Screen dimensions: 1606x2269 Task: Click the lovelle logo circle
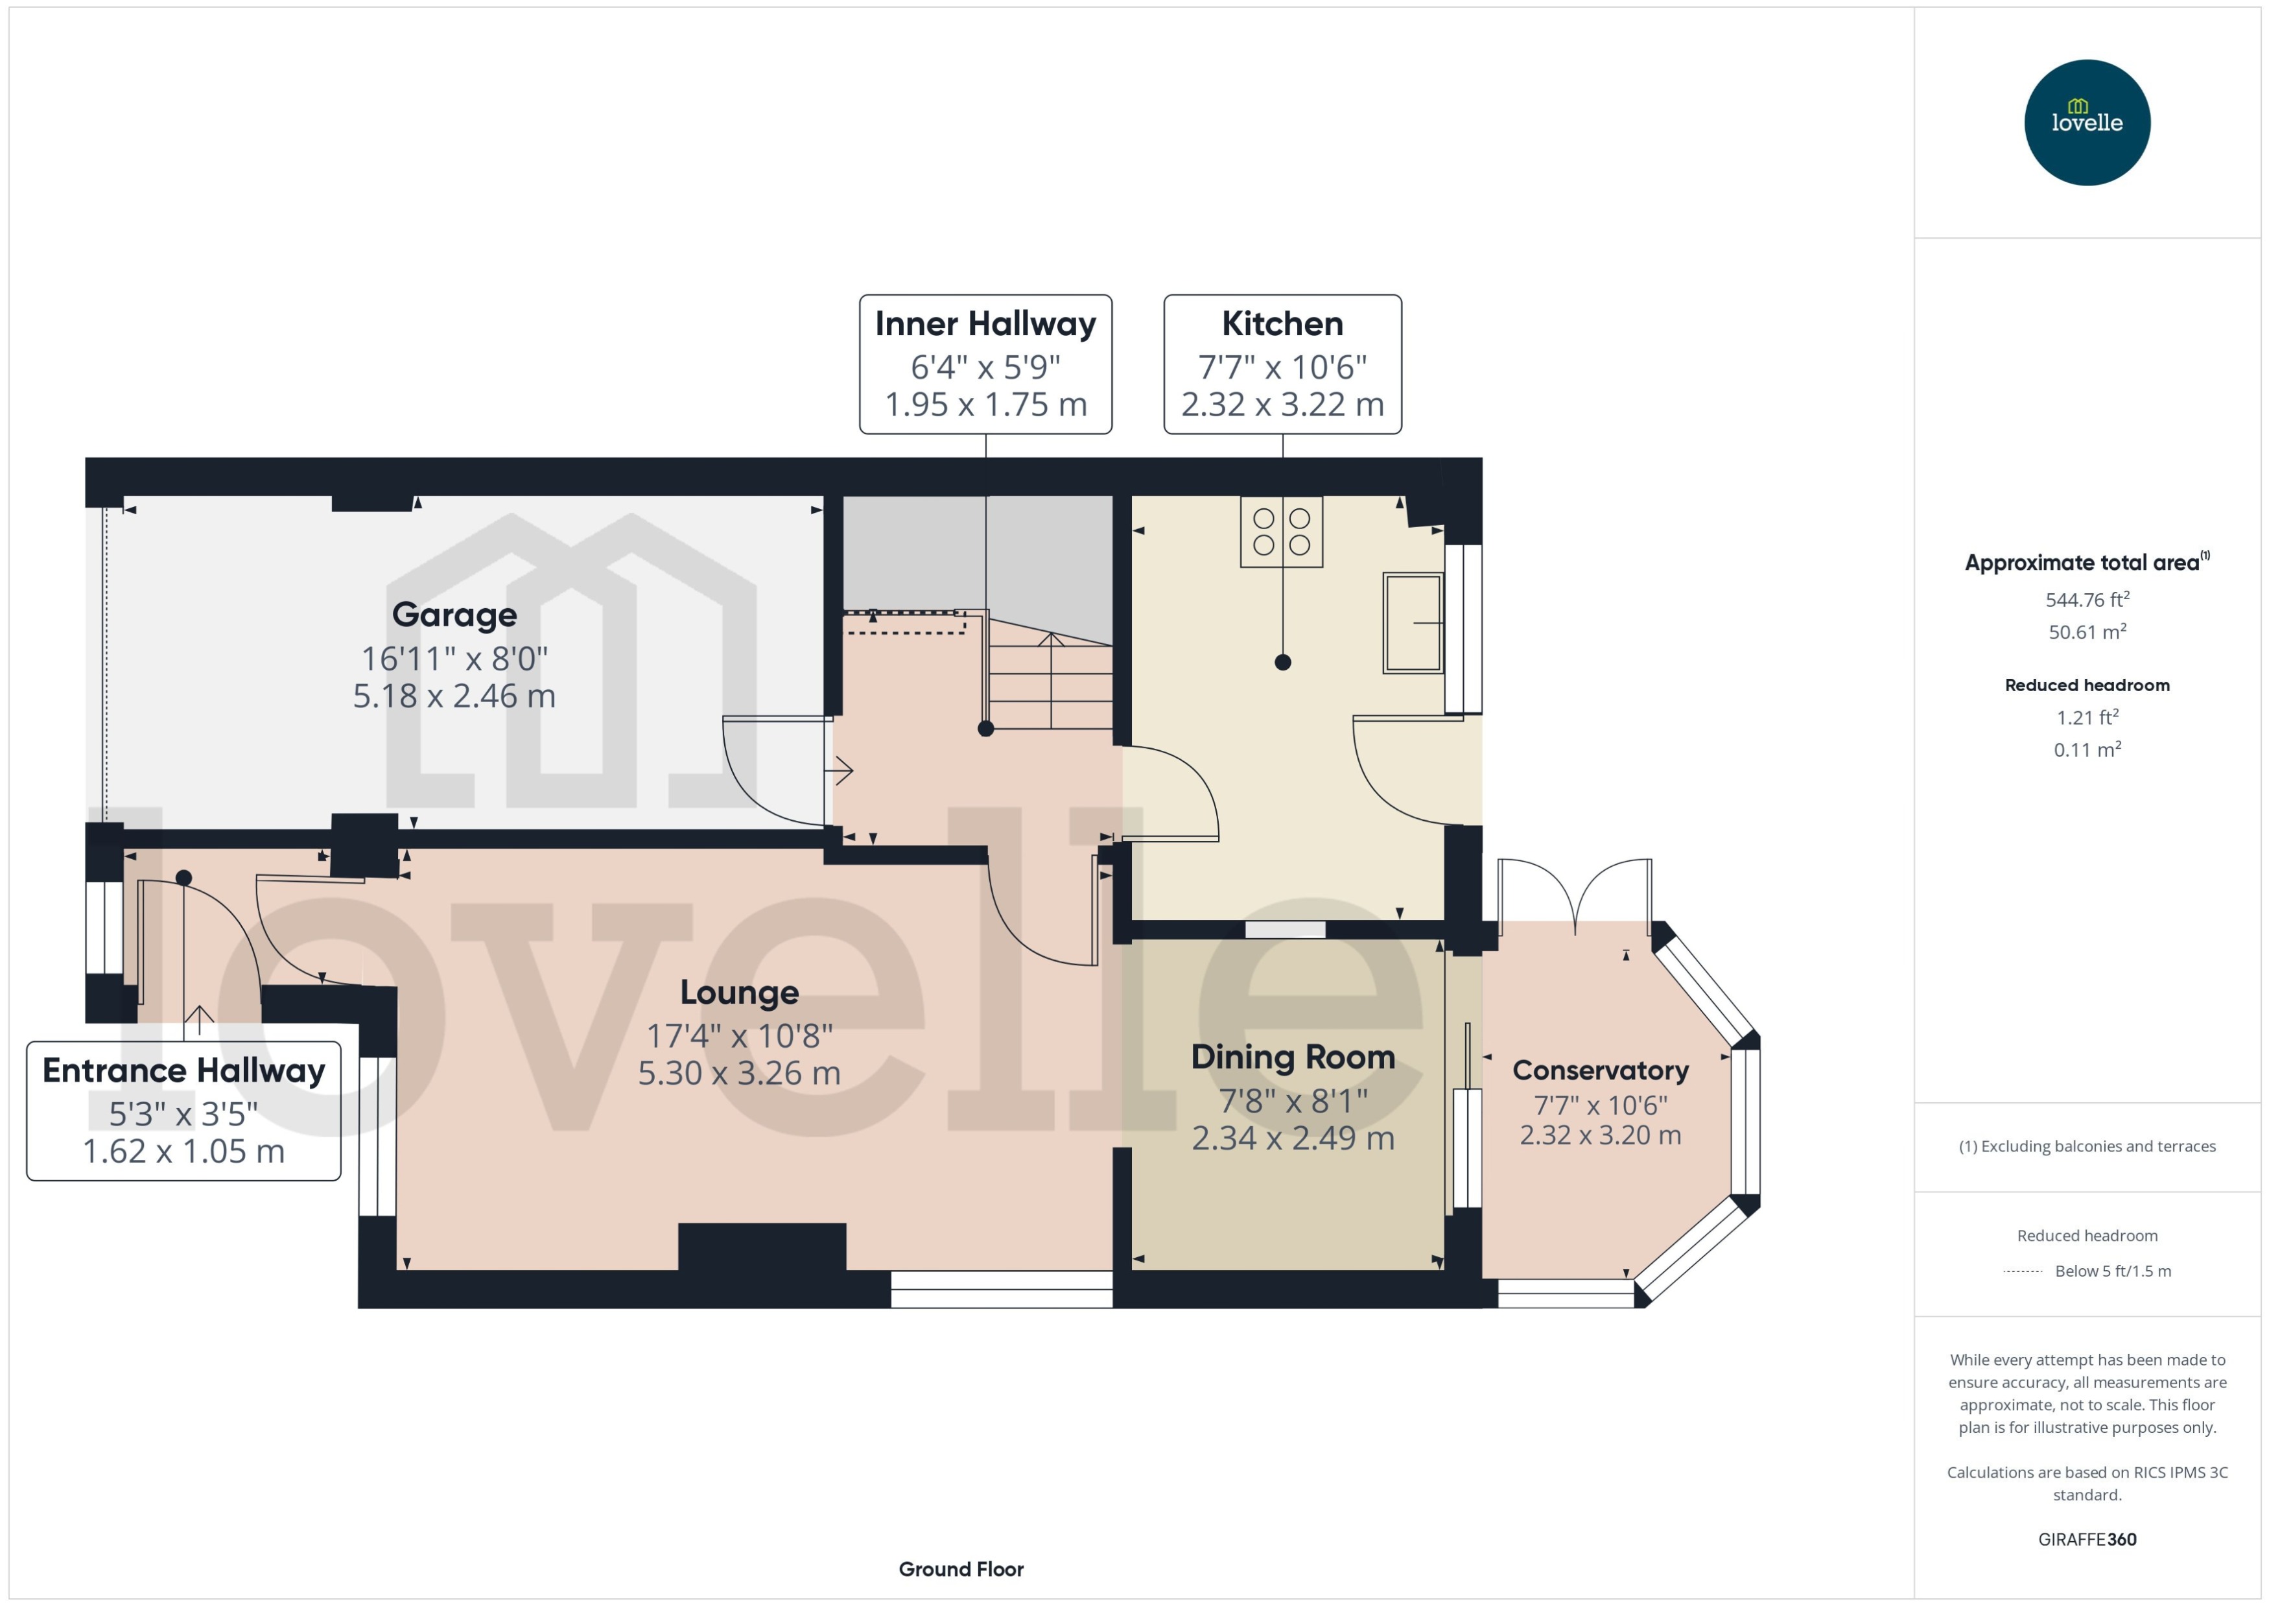(2086, 122)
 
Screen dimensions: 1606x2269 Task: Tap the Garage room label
(454, 615)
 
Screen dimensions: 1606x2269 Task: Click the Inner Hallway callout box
(985, 364)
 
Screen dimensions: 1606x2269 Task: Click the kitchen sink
(1412, 623)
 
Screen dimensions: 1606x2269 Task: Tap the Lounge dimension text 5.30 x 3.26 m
(738, 1073)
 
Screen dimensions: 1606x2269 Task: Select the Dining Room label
(1292, 1057)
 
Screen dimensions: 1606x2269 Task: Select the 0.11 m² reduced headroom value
(2086, 750)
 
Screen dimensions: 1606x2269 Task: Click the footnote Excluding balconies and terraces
(2086, 1146)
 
